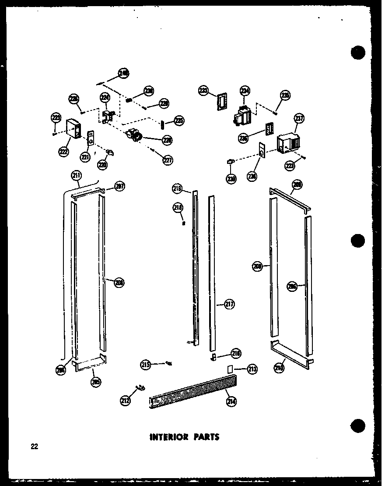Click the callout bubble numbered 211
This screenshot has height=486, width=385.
tap(77, 177)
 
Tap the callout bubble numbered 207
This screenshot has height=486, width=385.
tap(120, 186)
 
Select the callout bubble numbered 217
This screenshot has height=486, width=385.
tap(229, 305)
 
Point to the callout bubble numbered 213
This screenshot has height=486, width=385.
tap(252, 369)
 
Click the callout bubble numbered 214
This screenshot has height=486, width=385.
tap(231, 400)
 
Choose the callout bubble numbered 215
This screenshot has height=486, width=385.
tap(146, 364)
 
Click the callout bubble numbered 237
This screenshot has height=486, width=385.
tap(299, 119)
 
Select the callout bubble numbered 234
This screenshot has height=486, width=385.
tap(244, 91)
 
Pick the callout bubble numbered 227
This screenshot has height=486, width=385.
tap(168, 160)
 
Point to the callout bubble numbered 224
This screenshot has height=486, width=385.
tap(105, 97)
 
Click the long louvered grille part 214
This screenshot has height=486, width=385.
tap(192, 392)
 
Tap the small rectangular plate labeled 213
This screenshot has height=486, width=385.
tap(229, 369)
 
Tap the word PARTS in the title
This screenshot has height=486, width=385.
tap(205, 436)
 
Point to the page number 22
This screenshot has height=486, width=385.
tap(35, 447)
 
